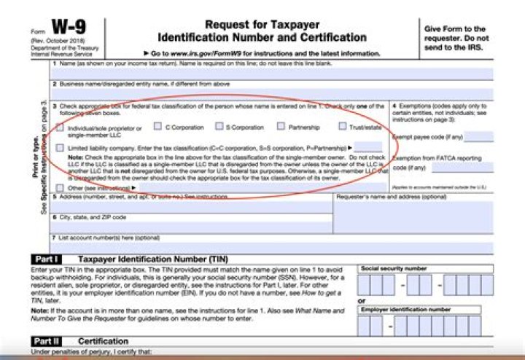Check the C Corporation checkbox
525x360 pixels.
[157, 126]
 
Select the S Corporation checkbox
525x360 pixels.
[217, 126]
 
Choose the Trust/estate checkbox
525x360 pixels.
[343, 126]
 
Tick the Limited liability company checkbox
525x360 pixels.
[60, 148]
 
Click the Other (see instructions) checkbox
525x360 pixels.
[60, 187]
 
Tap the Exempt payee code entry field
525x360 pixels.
[478, 136]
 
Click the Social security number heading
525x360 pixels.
[394, 268]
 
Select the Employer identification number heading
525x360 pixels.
[405, 309]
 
